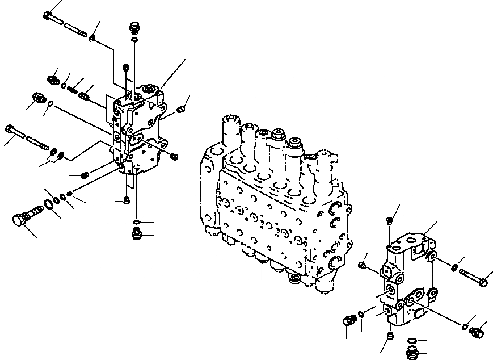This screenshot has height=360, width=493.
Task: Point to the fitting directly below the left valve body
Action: click(136, 233)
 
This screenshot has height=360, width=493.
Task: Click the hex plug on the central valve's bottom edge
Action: click(294, 278)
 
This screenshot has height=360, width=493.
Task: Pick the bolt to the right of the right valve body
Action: click(474, 279)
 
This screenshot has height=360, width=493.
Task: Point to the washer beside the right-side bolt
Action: click(454, 267)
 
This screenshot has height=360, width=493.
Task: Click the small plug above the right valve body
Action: click(390, 220)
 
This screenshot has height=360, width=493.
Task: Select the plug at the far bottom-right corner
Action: click(477, 332)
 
